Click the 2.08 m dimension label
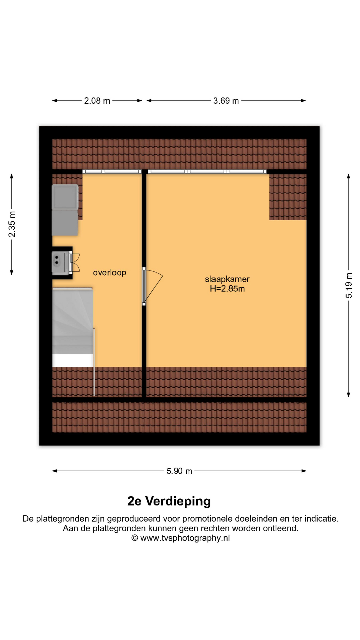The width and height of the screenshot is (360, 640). click(x=97, y=101)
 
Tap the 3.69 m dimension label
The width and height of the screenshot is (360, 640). click(x=226, y=101)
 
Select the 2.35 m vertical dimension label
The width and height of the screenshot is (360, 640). click(x=12, y=224)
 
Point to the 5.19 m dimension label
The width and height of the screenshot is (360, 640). click(x=349, y=285)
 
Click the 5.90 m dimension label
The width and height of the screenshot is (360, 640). click(x=179, y=471)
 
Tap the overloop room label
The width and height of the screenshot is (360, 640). click(x=110, y=273)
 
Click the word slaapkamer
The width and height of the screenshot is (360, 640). click(x=227, y=279)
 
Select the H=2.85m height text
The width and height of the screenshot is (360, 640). click(x=227, y=289)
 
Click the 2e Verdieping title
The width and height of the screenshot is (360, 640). click(x=169, y=501)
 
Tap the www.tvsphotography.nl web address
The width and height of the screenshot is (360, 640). click(x=185, y=538)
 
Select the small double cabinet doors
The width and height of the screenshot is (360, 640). click(x=74, y=262)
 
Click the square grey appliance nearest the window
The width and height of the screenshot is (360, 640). click(x=65, y=197)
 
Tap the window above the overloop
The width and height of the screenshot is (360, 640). click(x=112, y=172)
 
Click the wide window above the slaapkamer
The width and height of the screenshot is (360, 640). click(x=207, y=172)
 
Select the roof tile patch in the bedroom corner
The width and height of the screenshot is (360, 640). click(x=288, y=197)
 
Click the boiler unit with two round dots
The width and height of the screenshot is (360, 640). click(x=60, y=263)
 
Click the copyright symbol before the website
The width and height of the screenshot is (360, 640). click(x=135, y=538)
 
